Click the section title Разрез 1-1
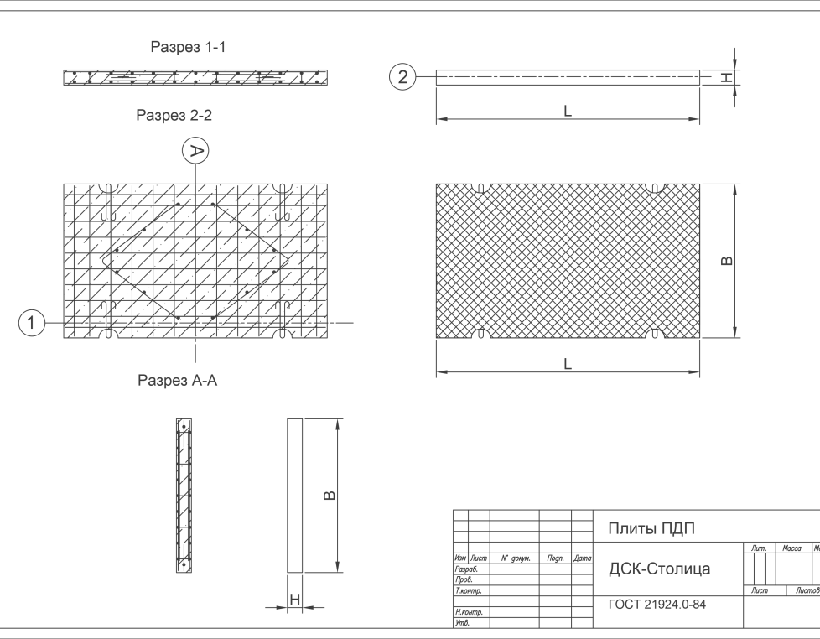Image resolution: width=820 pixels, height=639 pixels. tap(189, 47)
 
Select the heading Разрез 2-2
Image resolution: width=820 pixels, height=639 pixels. tap(174, 115)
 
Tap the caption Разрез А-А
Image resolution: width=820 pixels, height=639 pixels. tap(177, 380)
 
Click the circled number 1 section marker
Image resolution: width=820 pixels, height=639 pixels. tap(32, 323)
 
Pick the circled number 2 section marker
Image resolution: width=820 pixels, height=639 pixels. tap(402, 77)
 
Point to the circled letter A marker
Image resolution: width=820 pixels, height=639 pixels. tap(195, 151)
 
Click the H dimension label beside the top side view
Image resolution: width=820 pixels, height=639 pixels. tap(727, 77)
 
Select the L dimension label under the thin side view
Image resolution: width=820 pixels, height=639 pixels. tap(568, 111)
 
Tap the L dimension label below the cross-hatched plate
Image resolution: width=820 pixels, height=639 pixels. tap(568, 364)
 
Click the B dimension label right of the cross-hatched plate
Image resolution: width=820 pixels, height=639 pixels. tap(727, 261)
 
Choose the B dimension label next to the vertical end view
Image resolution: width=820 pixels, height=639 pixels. tap(330, 496)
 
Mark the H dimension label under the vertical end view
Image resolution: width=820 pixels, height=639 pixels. tap(295, 600)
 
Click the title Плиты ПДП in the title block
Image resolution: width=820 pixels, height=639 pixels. tap(651, 528)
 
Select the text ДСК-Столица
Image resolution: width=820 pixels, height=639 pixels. tap(660, 569)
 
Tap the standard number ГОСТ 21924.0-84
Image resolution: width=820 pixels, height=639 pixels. tap(657, 605)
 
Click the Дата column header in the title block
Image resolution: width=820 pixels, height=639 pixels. tap(582, 558)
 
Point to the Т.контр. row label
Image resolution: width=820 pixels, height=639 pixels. tap(469, 591)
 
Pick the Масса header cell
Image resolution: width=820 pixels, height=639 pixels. tap(791, 548)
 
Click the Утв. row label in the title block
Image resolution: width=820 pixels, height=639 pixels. tap(463, 623)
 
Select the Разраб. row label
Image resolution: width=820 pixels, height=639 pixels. tap(466, 569)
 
